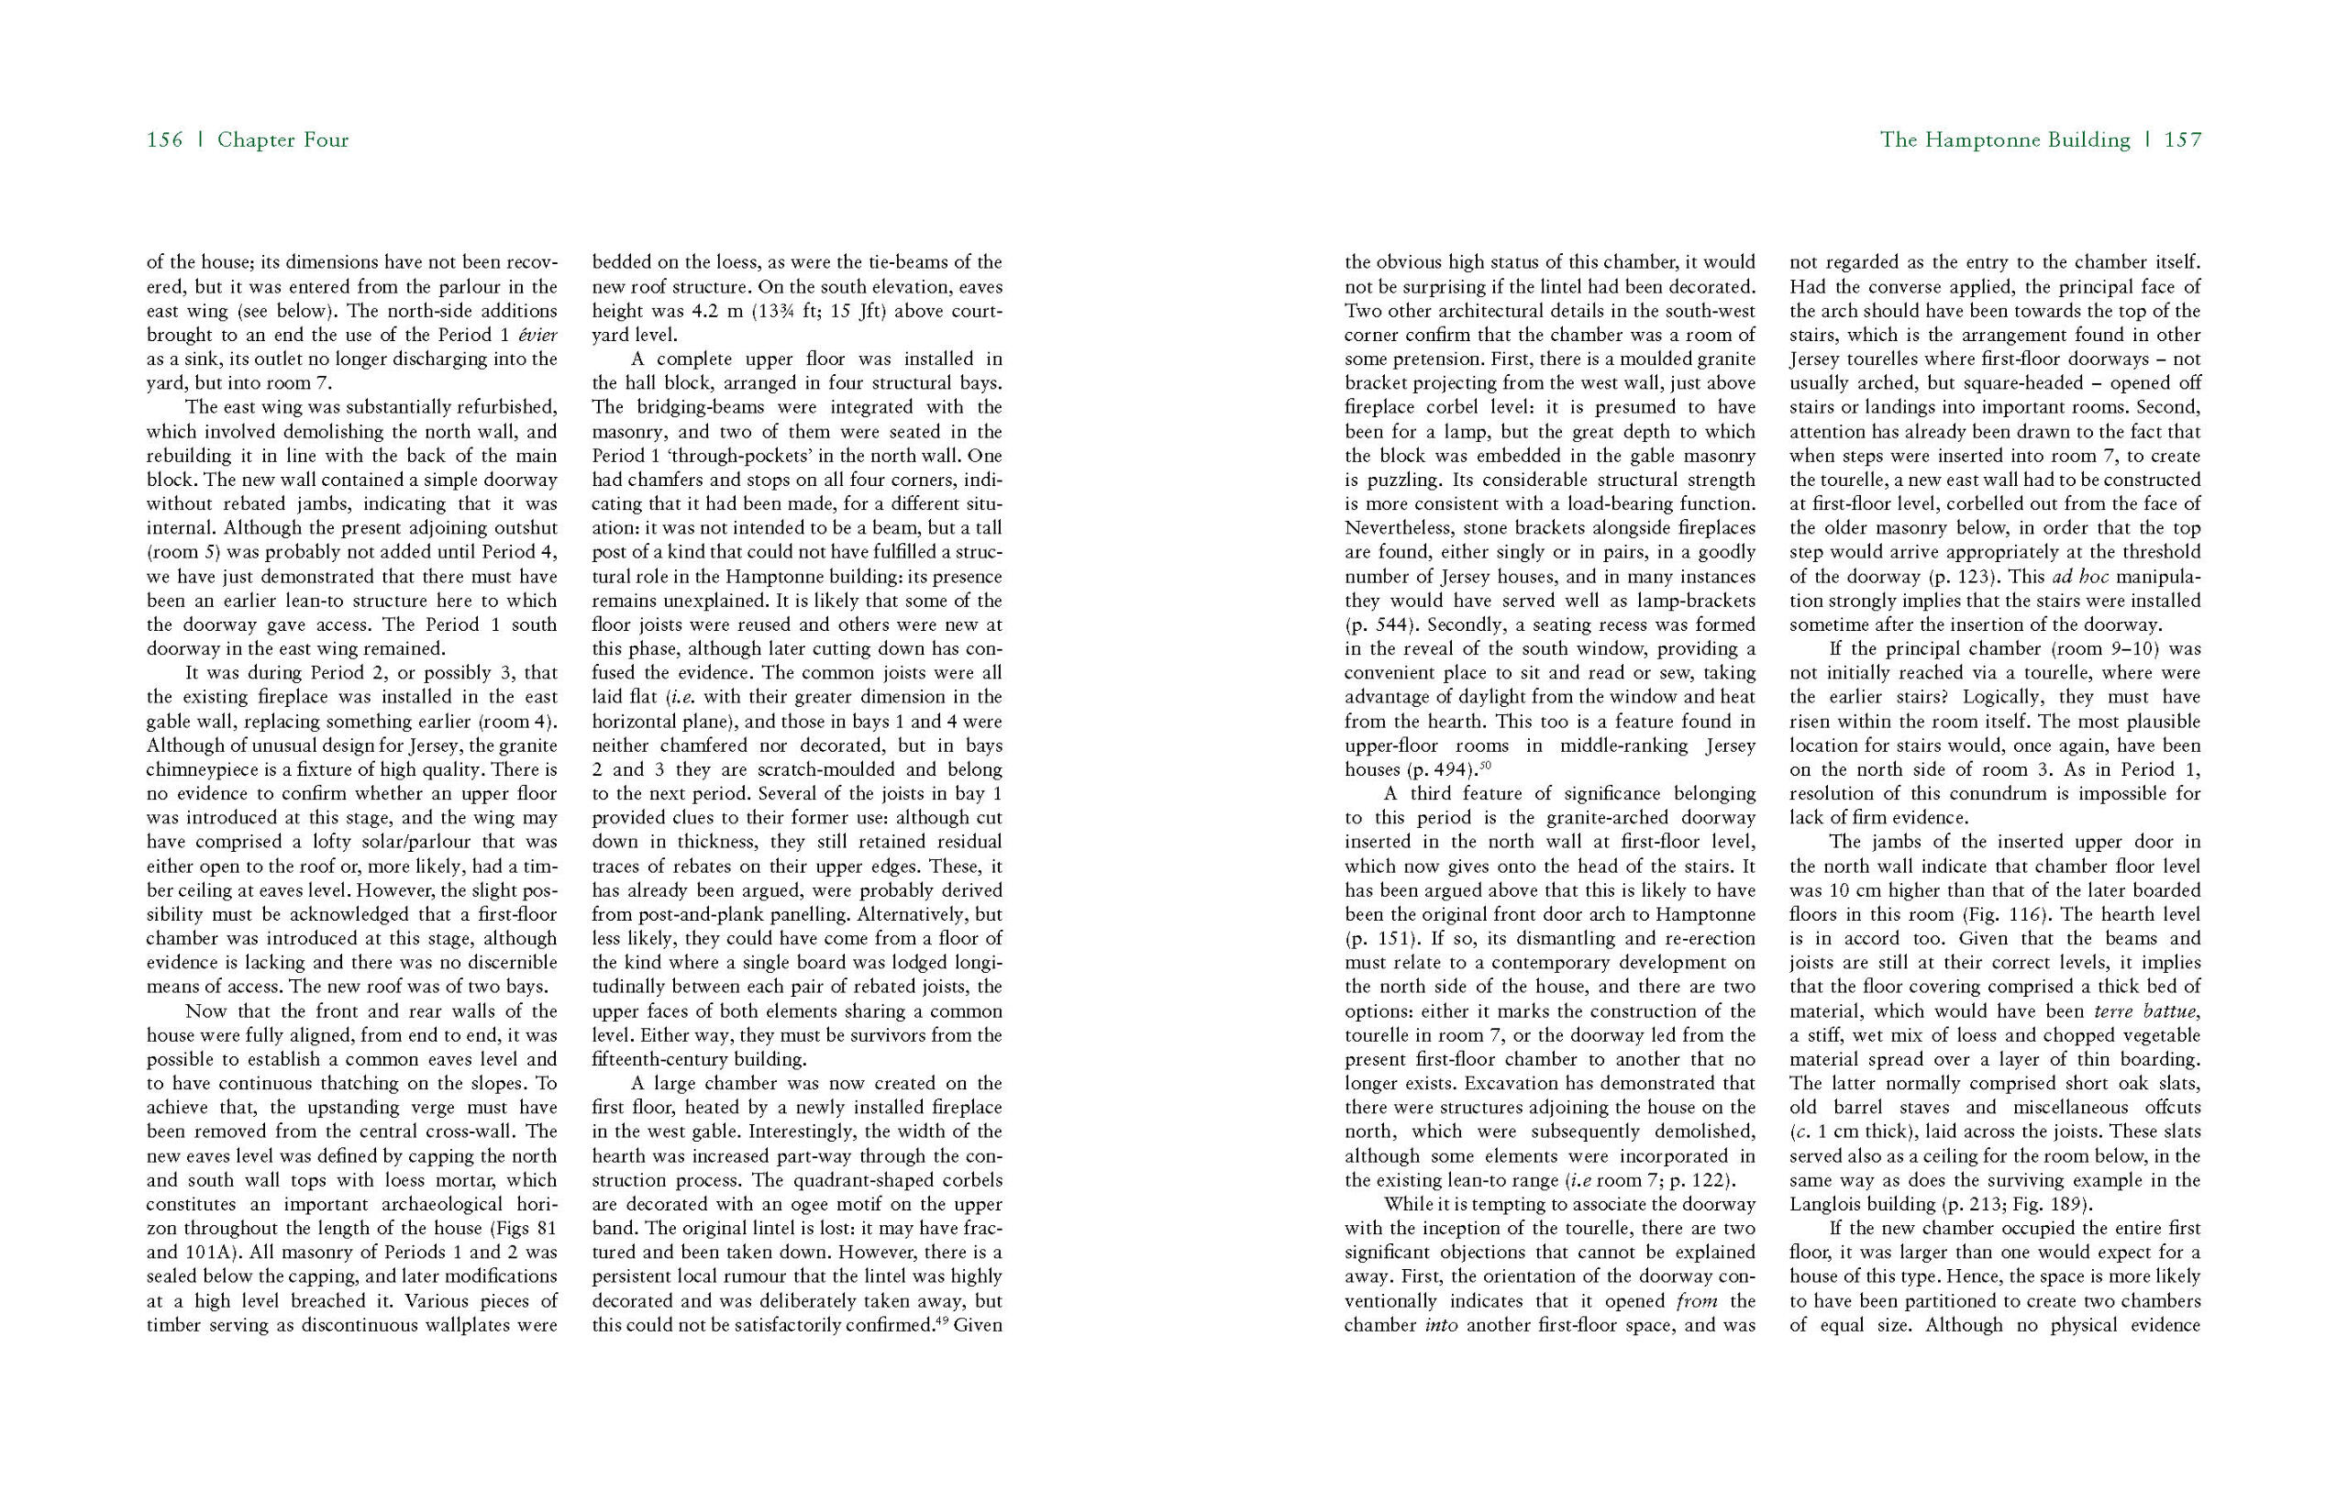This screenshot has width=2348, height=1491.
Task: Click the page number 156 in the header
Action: [x=164, y=140]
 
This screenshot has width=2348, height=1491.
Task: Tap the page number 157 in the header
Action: [x=2182, y=140]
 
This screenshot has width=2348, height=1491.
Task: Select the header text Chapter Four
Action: [x=282, y=140]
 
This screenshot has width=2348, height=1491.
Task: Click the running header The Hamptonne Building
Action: [x=2005, y=140]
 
